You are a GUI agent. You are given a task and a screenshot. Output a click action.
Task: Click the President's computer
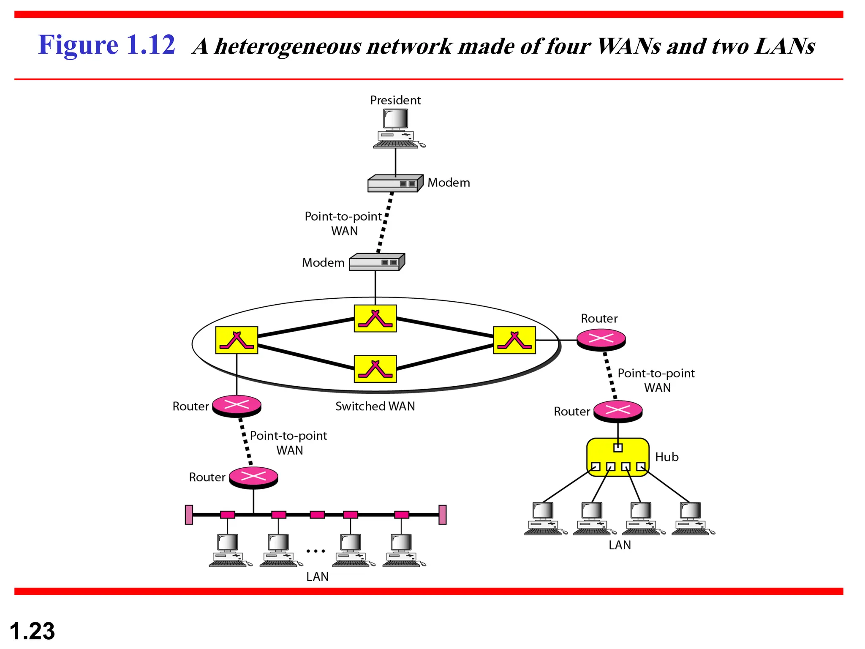(x=396, y=128)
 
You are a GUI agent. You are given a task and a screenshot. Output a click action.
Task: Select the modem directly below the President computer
(x=394, y=183)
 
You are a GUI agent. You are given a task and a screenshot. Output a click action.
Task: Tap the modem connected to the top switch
(x=376, y=262)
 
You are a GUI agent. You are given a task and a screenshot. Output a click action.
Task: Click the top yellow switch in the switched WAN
(x=375, y=319)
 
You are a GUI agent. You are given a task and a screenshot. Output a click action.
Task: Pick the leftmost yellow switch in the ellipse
(x=237, y=340)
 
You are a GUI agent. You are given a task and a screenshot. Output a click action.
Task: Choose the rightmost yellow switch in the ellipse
(x=514, y=340)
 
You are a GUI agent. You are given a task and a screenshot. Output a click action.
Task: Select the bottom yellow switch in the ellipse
(x=375, y=369)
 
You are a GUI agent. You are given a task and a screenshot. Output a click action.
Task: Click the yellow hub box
(x=617, y=457)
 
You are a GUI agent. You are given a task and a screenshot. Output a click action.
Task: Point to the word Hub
(x=666, y=457)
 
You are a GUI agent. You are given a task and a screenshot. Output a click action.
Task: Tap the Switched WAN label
(x=375, y=406)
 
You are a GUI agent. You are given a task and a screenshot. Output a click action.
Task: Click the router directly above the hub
(x=617, y=410)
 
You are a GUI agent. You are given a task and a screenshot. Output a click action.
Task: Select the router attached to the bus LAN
(x=253, y=477)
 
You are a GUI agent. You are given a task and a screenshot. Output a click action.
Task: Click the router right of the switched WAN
(x=601, y=339)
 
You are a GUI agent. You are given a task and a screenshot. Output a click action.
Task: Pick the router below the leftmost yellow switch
(x=237, y=405)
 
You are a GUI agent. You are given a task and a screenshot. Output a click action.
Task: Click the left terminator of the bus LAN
(x=189, y=515)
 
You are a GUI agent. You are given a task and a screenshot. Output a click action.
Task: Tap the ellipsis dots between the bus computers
(x=316, y=551)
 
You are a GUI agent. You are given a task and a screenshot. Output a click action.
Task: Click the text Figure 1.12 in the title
(x=106, y=45)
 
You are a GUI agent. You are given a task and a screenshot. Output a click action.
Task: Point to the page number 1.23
(x=32, y=631)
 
